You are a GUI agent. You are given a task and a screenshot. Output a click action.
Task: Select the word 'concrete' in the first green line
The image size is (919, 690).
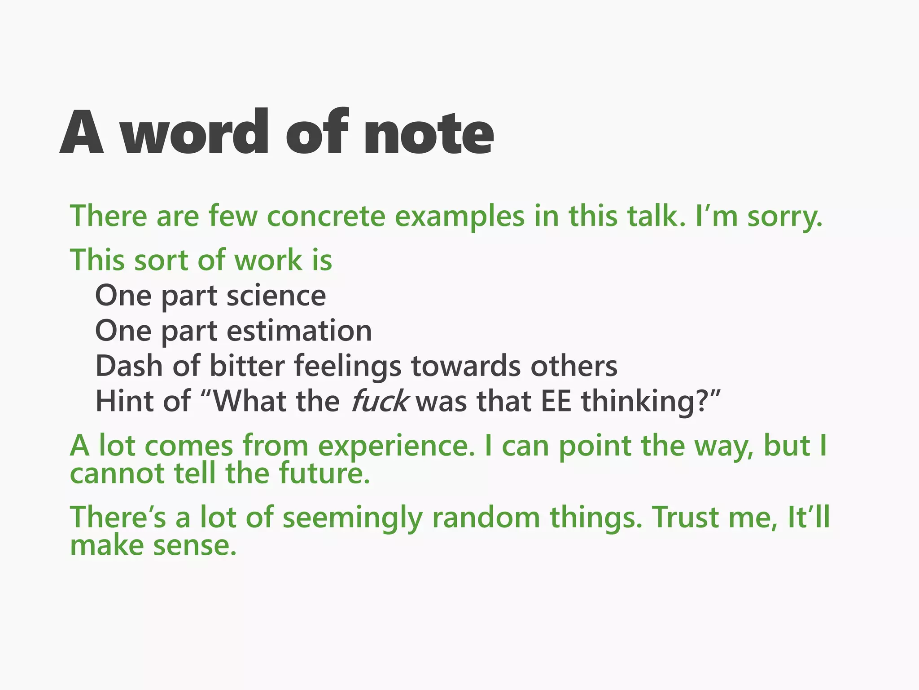pos(326,216)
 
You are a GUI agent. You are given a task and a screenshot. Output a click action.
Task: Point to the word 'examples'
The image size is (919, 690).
pos(459,217)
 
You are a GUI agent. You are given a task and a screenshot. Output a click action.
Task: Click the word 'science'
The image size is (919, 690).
pos(276,296)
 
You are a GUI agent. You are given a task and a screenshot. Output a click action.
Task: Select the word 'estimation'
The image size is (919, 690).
pos(299,331)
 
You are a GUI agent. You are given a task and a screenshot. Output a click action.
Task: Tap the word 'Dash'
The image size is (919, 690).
pos(129,366)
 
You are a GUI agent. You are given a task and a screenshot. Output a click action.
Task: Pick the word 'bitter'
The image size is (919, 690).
pos(247,366)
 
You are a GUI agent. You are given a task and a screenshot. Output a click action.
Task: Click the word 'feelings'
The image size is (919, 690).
pos(348,367)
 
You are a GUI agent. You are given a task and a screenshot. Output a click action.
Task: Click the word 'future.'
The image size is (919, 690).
pos(324,474)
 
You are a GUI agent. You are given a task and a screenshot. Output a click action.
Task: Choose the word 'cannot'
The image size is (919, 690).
pos(117,474)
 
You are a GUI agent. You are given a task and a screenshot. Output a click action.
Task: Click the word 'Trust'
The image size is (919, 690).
pos(685,517)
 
